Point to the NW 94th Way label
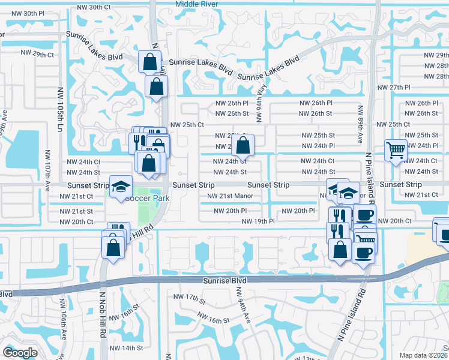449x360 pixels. tap(262, 97)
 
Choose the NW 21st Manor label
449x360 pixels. tap(231, 196)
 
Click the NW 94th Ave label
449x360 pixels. tap(243, 305)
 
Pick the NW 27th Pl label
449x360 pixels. tap(393, 88)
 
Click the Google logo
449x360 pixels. tap(20, 352)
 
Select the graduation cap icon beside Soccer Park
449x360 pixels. tap(121, 187)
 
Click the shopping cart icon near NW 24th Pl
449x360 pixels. tap(396, 150)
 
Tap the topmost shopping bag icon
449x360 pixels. tap(149, 61)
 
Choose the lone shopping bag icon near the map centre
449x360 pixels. tap(243, 145)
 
